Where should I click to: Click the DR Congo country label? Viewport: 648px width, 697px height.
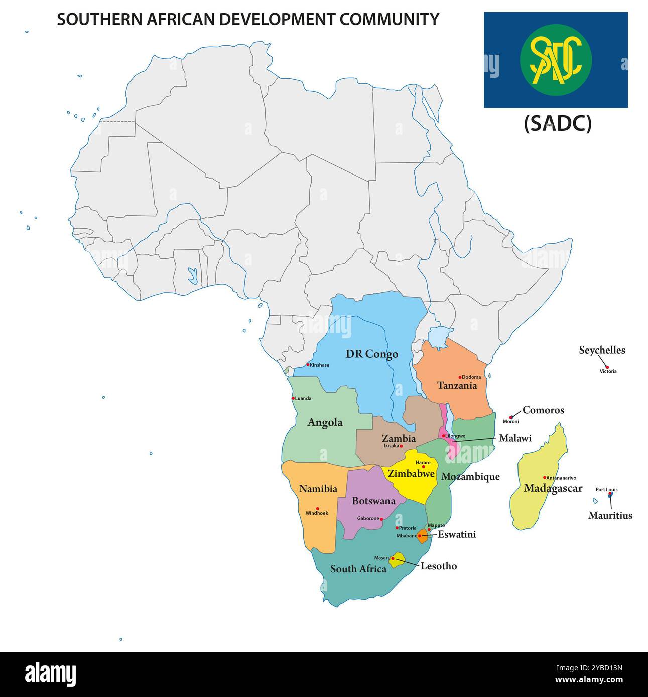tap(371, 354)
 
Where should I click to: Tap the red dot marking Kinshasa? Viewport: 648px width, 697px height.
tap(308, 364)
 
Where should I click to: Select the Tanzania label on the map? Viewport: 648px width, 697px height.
tap(457, 386)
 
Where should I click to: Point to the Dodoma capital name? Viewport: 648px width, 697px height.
tap(471, 377)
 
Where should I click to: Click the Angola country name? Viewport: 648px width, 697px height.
tap(325, 422)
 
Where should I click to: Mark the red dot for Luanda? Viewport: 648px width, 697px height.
tap(293, 398)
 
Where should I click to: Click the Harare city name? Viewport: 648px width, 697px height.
tap(423, 462)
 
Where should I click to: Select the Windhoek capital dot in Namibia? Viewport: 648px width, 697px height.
tap(317, 508)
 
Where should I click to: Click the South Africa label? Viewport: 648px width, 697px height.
tap(358, 569)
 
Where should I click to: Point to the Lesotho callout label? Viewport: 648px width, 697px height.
tap(439, 566)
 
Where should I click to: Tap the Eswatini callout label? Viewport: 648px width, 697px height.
tap(457, 535)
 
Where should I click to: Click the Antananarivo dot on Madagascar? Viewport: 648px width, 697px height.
tap(545, 477)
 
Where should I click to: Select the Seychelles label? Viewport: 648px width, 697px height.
tap(602, 350)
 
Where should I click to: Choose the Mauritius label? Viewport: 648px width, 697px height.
tap(610, 515)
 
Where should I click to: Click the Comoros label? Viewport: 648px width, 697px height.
tap(543, 410)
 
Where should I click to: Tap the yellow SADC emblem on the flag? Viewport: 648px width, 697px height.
tap(556, 60)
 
